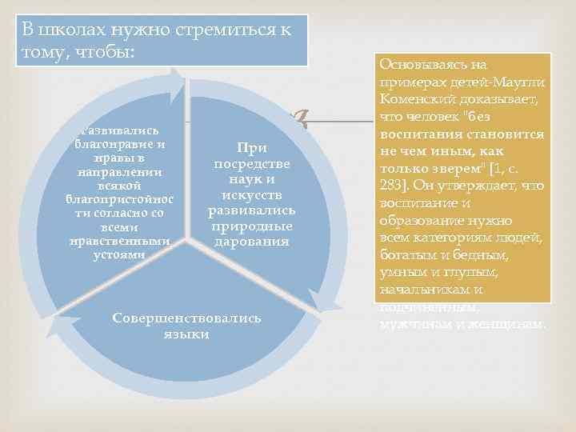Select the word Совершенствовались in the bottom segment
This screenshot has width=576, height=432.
coord(186,318)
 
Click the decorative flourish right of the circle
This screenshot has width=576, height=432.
coord(302,120)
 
